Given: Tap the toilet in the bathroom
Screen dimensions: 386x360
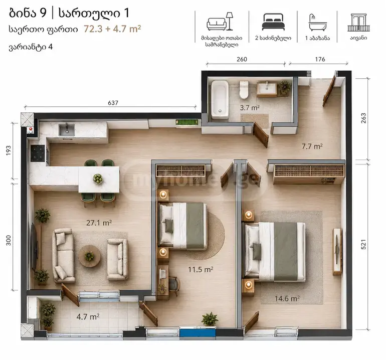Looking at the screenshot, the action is point(244,90).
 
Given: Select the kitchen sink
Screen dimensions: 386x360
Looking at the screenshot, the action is point(67,129).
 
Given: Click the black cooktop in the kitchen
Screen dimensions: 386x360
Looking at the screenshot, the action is point(38,153).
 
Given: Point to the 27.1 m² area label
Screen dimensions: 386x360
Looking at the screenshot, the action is point(99,223).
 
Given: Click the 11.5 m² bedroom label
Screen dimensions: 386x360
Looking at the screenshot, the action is point(201,269).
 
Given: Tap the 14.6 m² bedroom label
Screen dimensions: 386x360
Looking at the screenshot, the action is point(287,299).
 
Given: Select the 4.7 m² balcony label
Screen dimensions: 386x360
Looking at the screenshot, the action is point(88,316).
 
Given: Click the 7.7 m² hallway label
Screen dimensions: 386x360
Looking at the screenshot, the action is point(312,146).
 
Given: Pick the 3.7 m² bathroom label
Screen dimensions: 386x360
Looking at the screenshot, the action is point(250,108).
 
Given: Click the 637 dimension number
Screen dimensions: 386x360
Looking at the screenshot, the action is point(113,103).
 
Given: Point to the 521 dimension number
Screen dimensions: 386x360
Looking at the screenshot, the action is point(363,244).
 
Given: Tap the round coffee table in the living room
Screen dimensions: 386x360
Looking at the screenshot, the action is point(89,256).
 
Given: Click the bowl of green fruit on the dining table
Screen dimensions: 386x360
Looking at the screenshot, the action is point(98,178).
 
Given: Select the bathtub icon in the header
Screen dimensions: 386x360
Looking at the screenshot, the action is point(317,23).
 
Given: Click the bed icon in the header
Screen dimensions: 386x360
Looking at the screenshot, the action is point(273,22).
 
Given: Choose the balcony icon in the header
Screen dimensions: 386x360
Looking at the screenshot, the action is point(358,23).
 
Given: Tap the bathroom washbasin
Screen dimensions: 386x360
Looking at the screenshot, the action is point(267,89).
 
